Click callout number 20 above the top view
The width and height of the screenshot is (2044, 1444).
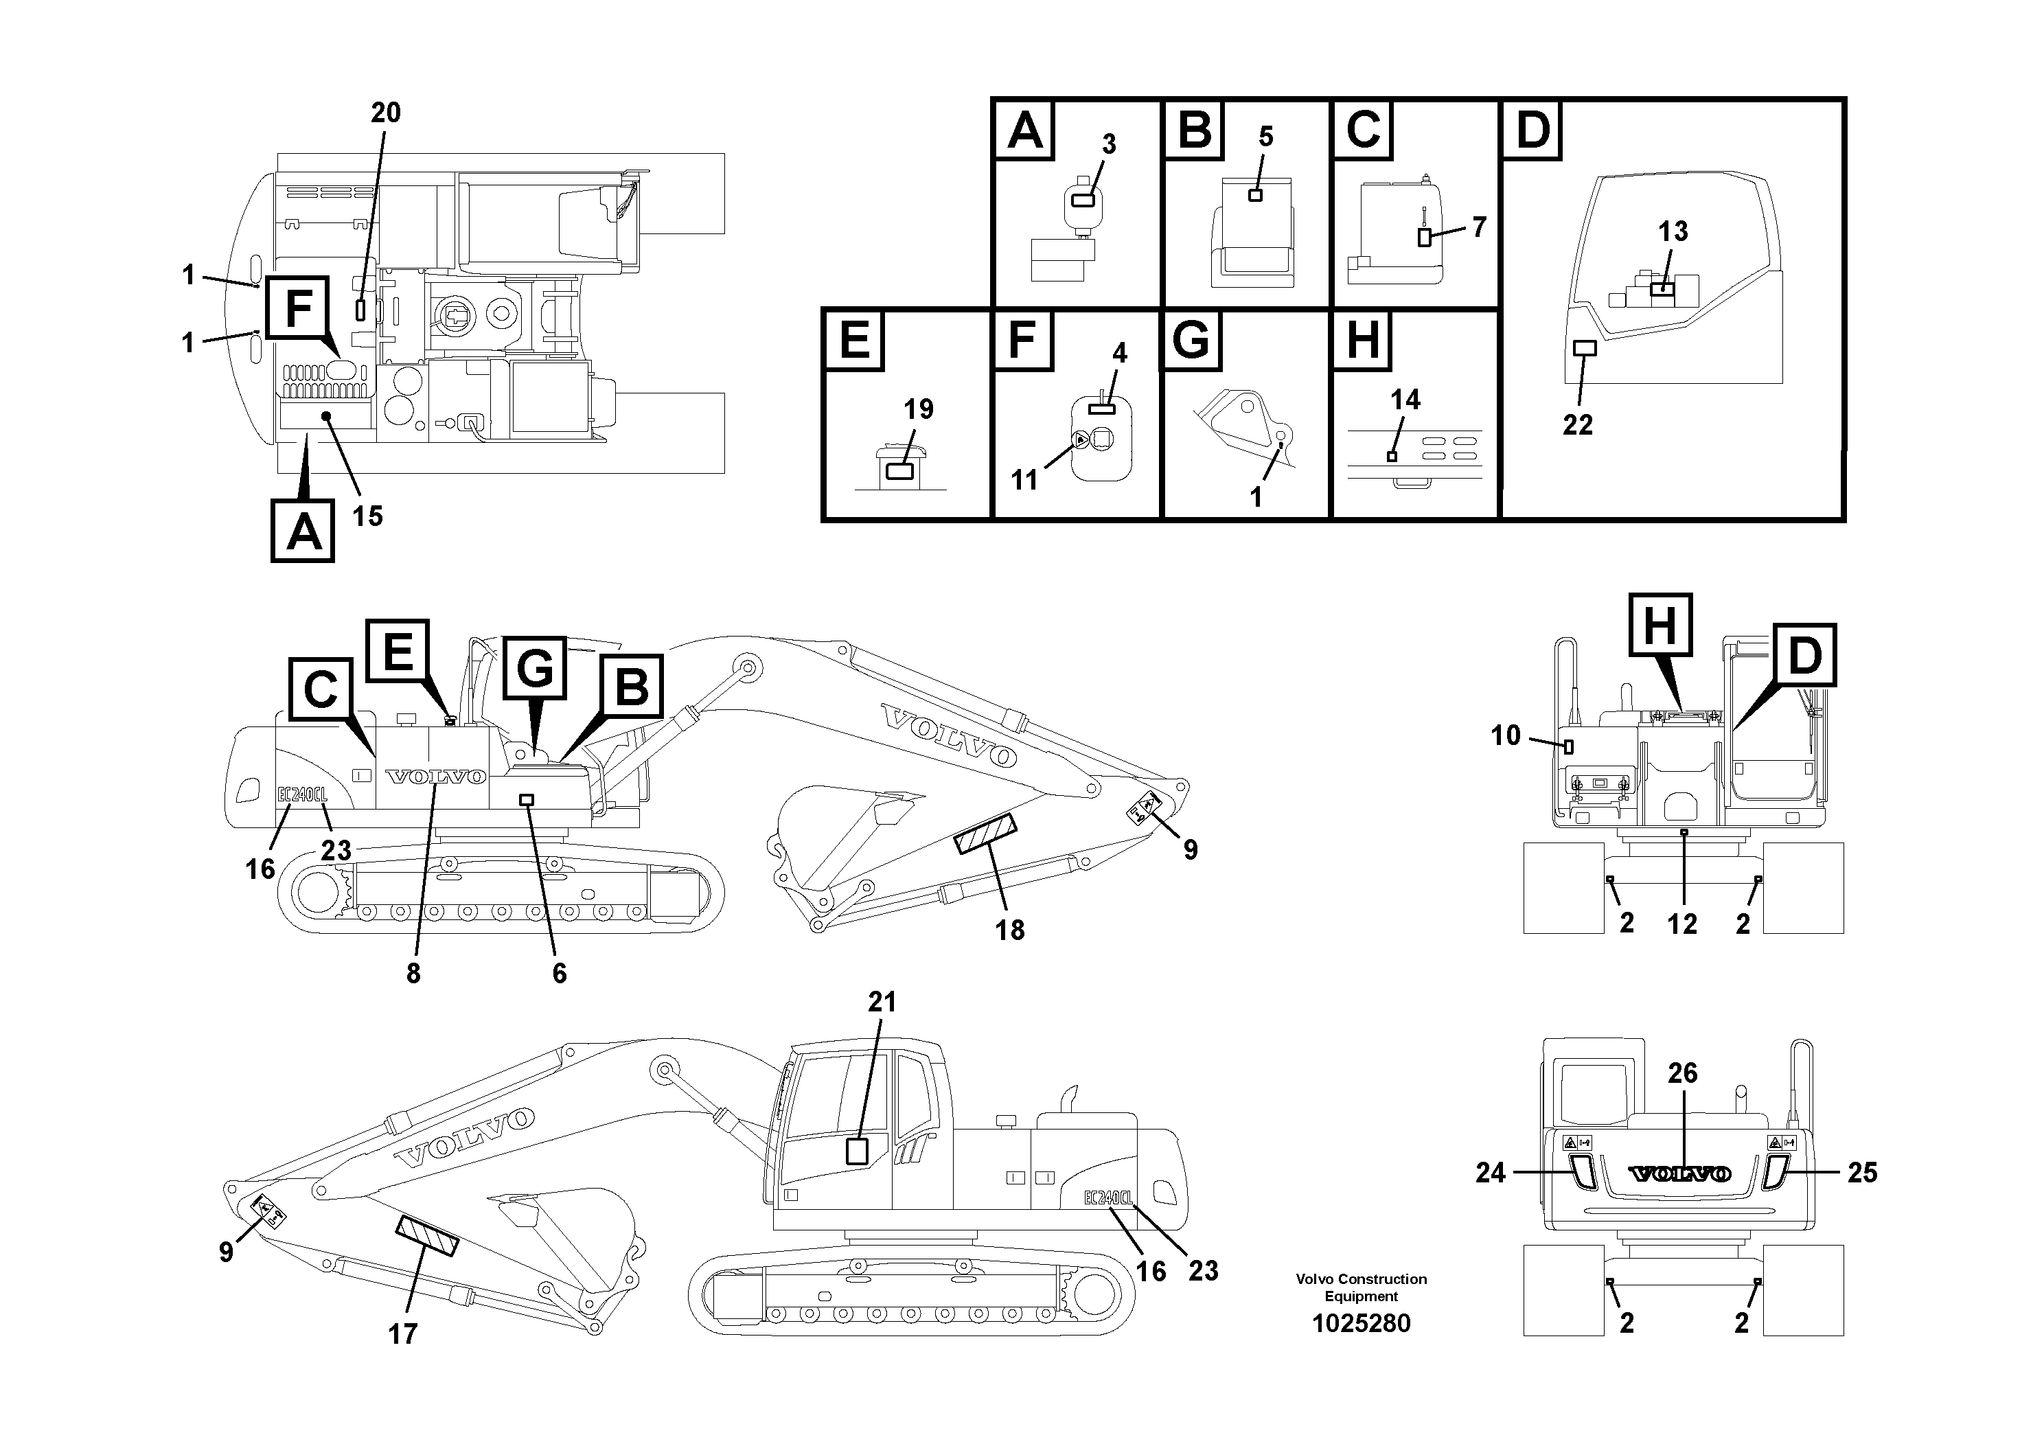(x=385, y=113)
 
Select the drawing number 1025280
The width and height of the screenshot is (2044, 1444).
(x=1362, y=1324)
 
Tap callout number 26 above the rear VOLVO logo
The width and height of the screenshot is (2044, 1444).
(x=1681, y=1074)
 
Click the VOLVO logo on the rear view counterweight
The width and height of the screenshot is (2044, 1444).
(x=1680, y=1174)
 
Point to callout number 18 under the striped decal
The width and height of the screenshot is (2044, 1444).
(x=1009, y=930)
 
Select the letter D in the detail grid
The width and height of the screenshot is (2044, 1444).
(x=1532, y=130)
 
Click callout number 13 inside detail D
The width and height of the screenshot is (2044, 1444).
(x=1673, y=231)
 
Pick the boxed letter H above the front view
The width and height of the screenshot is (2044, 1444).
(x=1660, y=626)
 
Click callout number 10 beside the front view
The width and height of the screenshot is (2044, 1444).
(x=1506, y=735)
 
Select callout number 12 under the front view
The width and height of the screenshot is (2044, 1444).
(x=1681, y=925)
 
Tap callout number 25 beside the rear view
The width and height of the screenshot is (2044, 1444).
(x=1862, y=1173)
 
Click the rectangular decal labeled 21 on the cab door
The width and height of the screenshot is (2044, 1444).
(x=856, y=1151)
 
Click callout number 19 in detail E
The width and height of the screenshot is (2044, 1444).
(x=919, y=409)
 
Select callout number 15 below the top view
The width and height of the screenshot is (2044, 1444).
(x=367, y=516)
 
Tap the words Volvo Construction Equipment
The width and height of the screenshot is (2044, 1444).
(x=1362, y=1287)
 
